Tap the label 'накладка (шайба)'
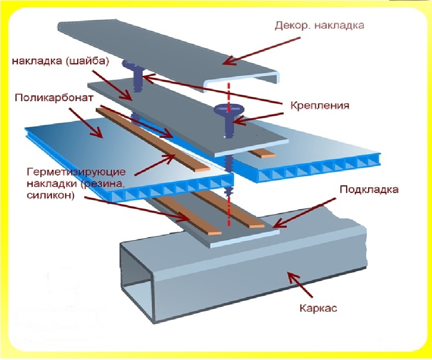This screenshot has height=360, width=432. coord(61,61)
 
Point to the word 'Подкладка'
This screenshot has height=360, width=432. coord(369,189)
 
